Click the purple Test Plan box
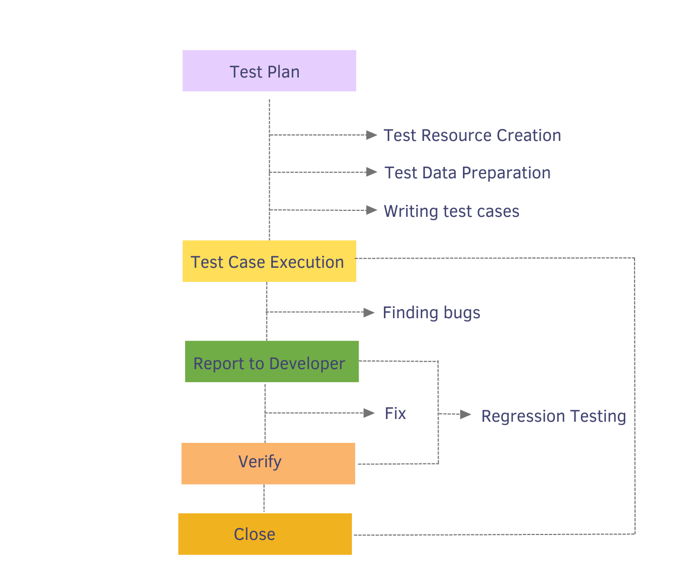269,71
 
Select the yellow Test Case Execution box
269,261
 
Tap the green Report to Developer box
272,362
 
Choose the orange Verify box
268,463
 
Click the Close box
265,534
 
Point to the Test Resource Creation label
472,136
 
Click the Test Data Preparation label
467,173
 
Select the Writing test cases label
452,211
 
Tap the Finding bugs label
432,313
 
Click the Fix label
395,414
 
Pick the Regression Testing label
553,416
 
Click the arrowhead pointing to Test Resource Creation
371,135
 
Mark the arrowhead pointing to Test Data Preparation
371,172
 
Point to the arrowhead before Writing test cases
371,210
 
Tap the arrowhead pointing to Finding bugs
369,312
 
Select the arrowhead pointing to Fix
369,413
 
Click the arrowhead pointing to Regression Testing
466,415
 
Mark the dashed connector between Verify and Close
264,498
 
